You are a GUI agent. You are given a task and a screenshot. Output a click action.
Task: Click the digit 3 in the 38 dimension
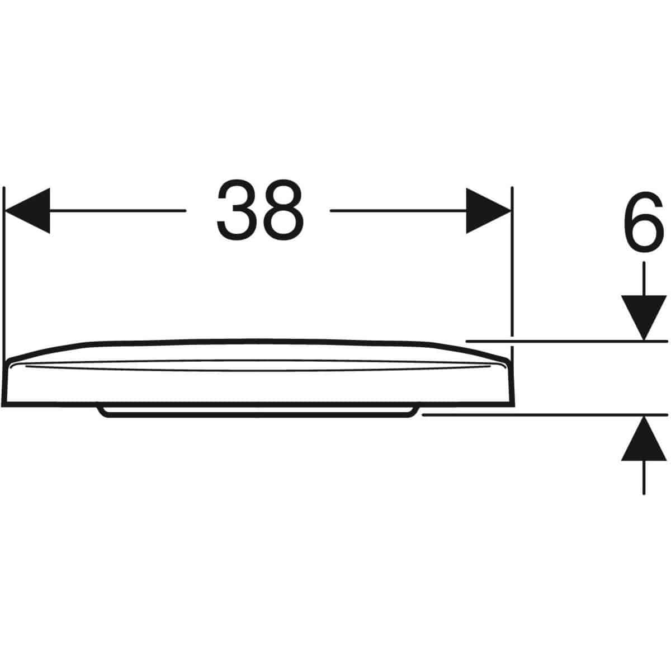[237, 210]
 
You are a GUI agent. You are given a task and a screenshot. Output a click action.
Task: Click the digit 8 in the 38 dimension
[283, 210]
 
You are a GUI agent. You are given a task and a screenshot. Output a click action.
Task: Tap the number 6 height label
[644, 222]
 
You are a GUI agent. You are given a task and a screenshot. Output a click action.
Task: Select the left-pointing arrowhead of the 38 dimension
[27, 211]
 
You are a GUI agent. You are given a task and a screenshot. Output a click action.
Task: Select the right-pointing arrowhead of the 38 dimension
[489, 211]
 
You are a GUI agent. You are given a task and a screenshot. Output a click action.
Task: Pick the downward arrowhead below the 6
[644, 318]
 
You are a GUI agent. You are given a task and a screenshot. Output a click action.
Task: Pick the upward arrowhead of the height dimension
[644, 438]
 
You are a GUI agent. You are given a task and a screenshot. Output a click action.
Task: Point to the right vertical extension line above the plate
[512, 261]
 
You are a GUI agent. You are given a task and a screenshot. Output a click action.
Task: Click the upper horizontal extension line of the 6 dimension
[567, 341]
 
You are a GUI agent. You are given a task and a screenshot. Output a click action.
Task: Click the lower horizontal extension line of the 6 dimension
[545, 415]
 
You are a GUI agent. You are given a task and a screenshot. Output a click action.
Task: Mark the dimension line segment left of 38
[118, 211]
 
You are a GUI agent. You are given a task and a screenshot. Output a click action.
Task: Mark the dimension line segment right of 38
[398, 211]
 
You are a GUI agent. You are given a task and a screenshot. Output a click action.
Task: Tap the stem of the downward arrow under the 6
[644, 278]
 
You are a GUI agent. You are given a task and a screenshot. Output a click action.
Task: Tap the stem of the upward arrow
[644, 478]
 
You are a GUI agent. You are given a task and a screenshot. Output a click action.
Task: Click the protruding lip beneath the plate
[258, 411]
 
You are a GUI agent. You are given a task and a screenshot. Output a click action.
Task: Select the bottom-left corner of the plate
[2, 405]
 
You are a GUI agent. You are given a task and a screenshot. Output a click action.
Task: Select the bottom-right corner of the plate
[514, 405]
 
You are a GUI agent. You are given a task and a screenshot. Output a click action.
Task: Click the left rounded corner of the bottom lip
[102, 412]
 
